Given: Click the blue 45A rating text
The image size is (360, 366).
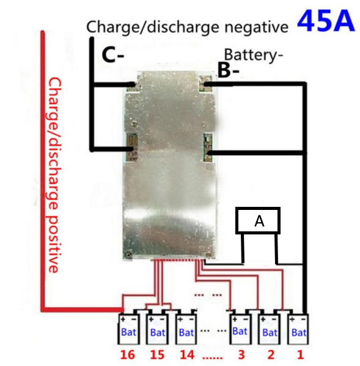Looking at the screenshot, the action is pyautogui.click(x=326, y=21).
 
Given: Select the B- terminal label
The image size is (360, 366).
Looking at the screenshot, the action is pyautogui.click(x=229, y=70).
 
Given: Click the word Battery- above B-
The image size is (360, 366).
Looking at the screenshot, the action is pyautogui.click(x=254, y=55).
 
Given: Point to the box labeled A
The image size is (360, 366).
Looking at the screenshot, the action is pyautogui.click(x=258, y=220).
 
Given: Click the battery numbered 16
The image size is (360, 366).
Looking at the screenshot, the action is pyautogui.click(x=129, y=329).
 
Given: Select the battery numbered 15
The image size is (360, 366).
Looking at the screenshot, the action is pyautogui.click(x=158, y=329).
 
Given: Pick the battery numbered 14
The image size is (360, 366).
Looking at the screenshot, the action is pyautogui.click(x=186, y=329).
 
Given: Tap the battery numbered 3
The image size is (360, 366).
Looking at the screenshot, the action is pyautogui.click(x=240, y=329).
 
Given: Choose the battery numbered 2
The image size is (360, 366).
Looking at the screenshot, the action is pyautogui.click(x=269, y=329).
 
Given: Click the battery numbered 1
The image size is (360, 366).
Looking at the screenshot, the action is pyautogui.click(x=298, y=329).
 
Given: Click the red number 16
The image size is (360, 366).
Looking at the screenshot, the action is pyautogui.click(x=128, y=355).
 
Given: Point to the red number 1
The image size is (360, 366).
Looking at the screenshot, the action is pyautogui.click(x=300, y=355).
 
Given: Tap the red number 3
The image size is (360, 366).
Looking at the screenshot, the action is pyautogui.click(x=241, y=355).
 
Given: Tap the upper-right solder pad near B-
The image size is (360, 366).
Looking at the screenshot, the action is pyautogui.click(x=205, y=84).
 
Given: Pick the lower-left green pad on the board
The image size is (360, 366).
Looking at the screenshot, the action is pyautogui.click(x=132, y=148).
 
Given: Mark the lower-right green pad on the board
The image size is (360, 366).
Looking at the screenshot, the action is pyautogui.click(x=208, y=148).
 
